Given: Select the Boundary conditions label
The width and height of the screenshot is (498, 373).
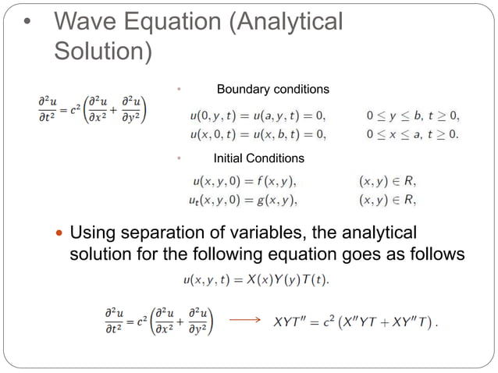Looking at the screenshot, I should pyautogui.click(x=272, y=90).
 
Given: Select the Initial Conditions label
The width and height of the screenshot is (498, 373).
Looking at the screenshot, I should pyautogui.click(x=258, y=158).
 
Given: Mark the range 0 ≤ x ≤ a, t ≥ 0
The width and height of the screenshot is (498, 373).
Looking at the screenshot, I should pyautogui.click(x=413, y=133).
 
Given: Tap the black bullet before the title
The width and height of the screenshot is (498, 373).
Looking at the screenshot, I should pyautogui.click(x=28, y=23).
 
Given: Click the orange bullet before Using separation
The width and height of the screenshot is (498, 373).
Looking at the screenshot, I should pyautogui.click(x=59, y=234).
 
